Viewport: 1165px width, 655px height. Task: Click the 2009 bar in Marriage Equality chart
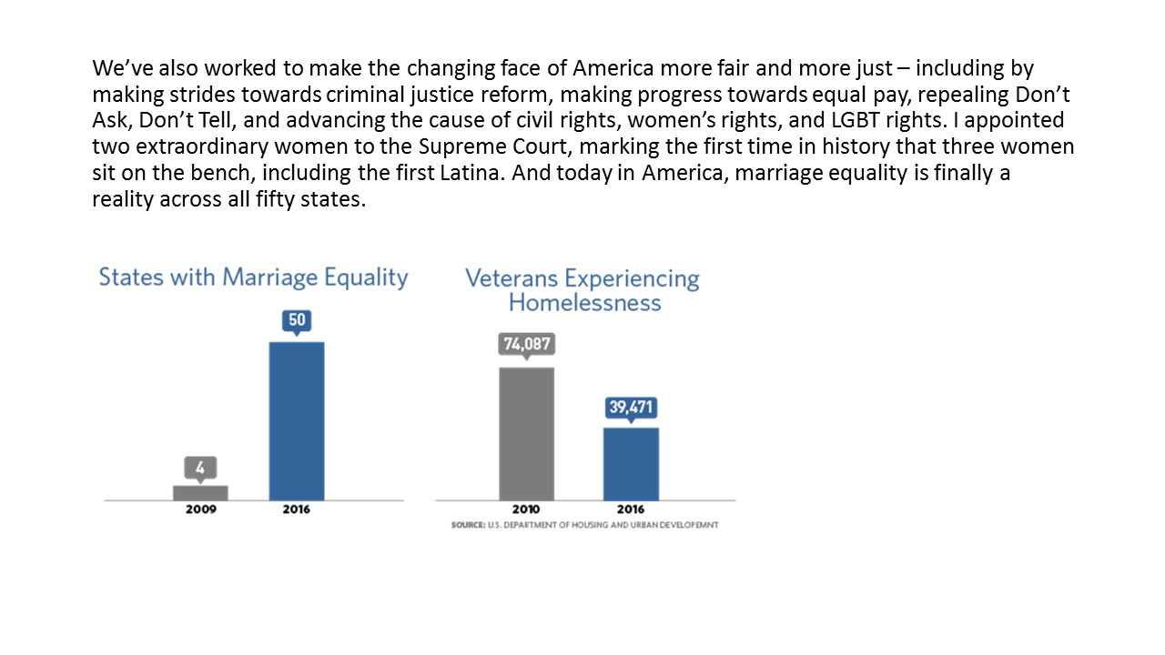pos(200,492)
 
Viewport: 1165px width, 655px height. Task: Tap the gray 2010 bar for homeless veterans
pos(526,433)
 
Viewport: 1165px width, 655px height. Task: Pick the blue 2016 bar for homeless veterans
pos(631,463)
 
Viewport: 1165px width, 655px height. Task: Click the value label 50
pos(297,320)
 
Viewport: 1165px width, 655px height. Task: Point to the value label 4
pos(200,468)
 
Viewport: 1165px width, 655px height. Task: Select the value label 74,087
pos(526,345)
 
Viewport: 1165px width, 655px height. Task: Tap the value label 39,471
pos(631,407)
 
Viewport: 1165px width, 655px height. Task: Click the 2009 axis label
pos(200,509)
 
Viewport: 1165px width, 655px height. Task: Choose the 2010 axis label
pos(526,509)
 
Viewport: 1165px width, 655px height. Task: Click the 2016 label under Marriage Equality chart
pos(297,509)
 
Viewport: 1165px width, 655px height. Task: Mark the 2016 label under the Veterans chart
pos(631,509)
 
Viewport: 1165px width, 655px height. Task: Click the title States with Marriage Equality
pos(253,277)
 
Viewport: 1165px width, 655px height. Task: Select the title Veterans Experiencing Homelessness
pos(582,290)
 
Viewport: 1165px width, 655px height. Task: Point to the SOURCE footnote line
pos(584,526)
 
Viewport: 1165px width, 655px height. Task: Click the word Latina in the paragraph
pos(470,173)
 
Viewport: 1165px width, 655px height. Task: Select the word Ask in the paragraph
pos(108,120)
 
